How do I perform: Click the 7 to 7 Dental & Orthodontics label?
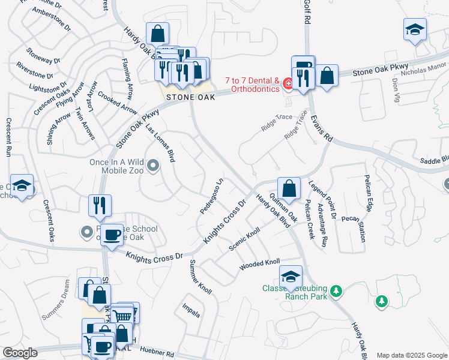pyautogui.click(x=252, y=85)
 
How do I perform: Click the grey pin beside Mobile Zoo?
pyautogui.click(x=154, y=166)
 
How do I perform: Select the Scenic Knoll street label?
pyautogui.click(x=245, y=239)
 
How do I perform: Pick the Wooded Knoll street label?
pyautogui.click(x=260, y=264)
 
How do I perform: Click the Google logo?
pyautogui.click(x=20, y=353)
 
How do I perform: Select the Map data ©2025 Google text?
pyautogui.click(x=412, y=355)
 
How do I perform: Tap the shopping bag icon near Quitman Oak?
pyautogui.click(x=289, y=188)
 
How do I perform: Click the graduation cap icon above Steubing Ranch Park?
pyautogui.click(x=291, y=276)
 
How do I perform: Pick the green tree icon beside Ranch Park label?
pyautogui.click(x=337, y=292)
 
